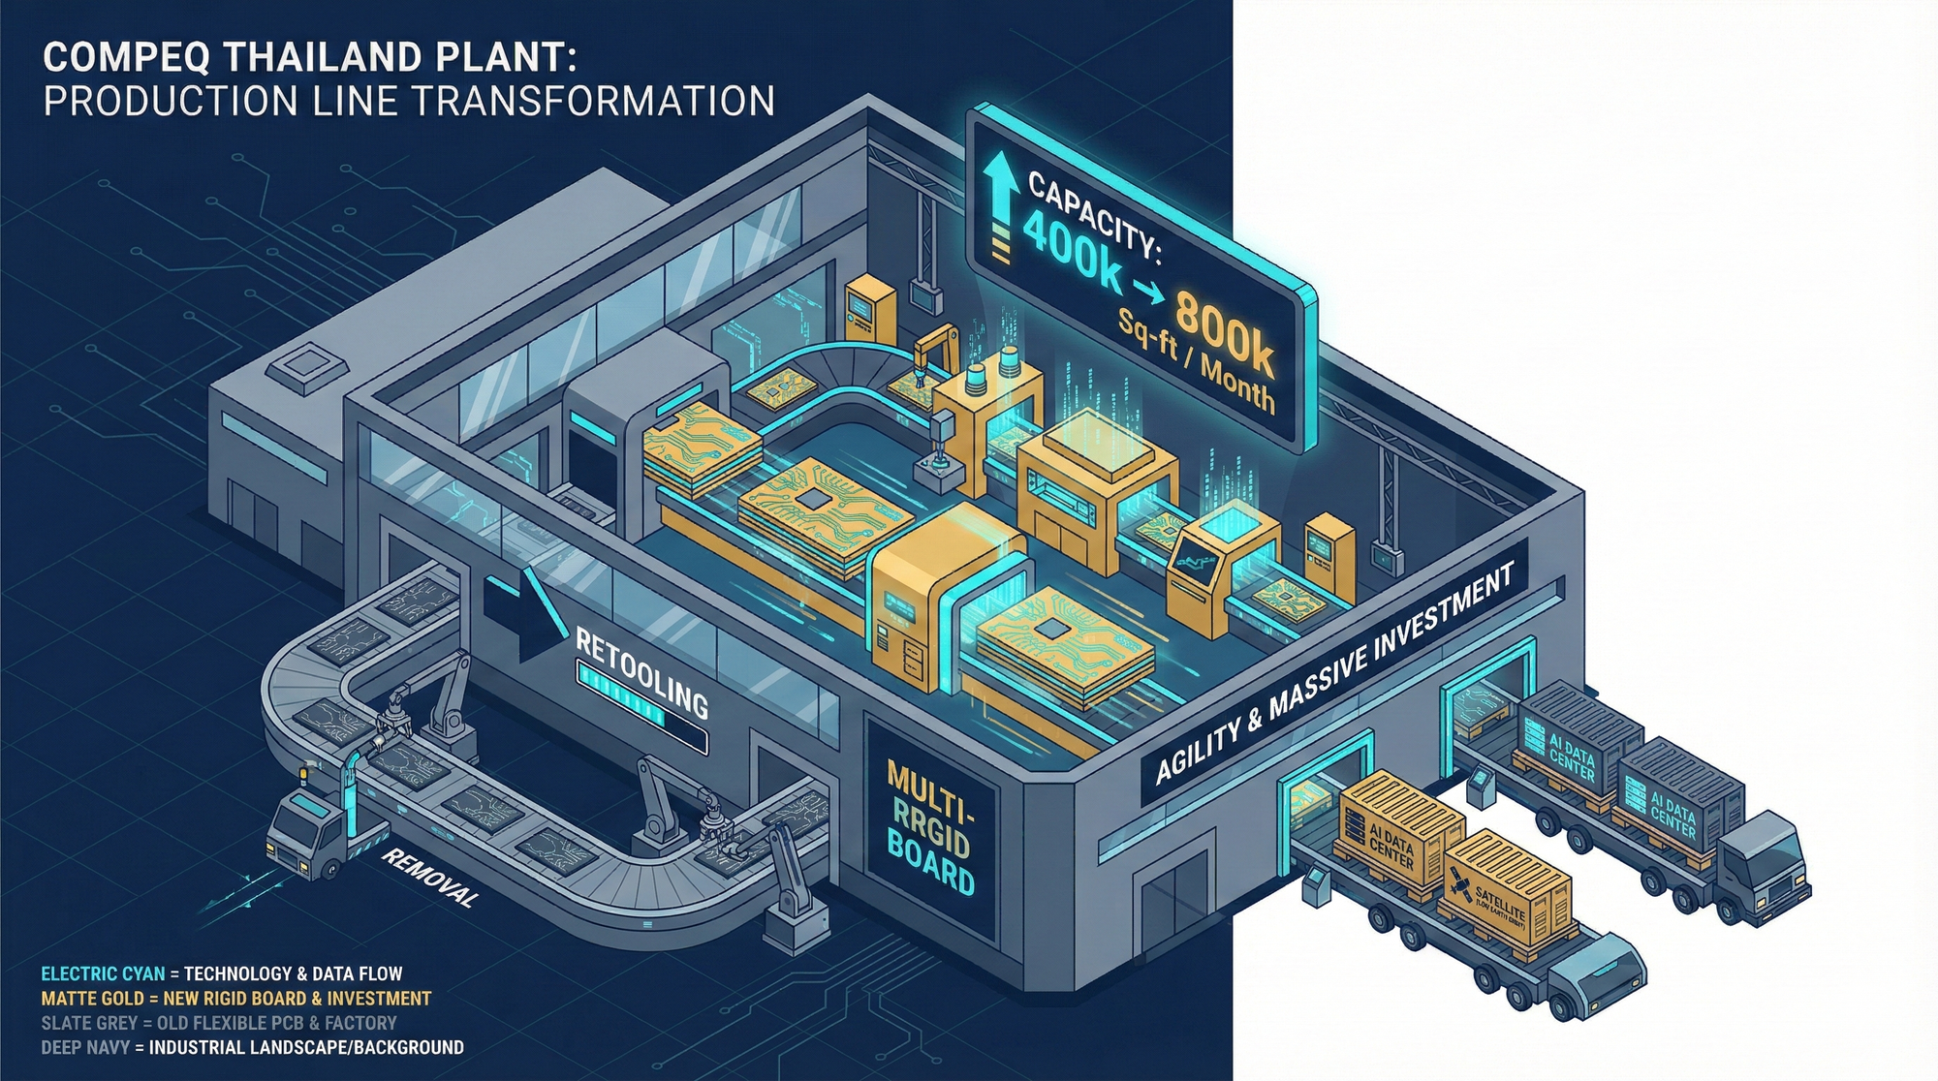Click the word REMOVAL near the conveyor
pos(429,878)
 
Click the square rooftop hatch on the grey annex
pos(307,367)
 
